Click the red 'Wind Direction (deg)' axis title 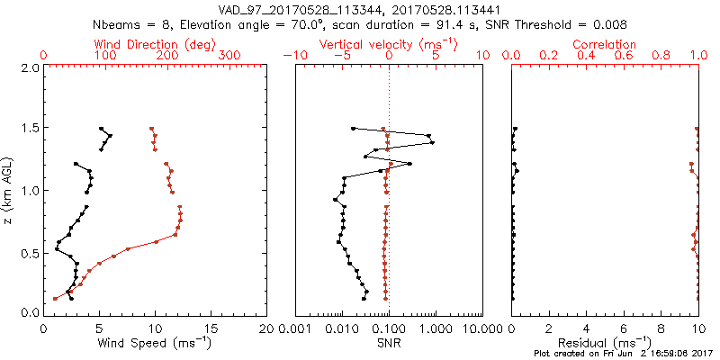coord(156,44)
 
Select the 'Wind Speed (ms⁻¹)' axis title coord(156,343)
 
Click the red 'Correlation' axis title coord(605,44)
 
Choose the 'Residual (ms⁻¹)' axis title coord(605,343)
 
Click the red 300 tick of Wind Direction coord(230,56)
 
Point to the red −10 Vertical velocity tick coord(292,56)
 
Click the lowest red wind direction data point coord(55,298)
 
